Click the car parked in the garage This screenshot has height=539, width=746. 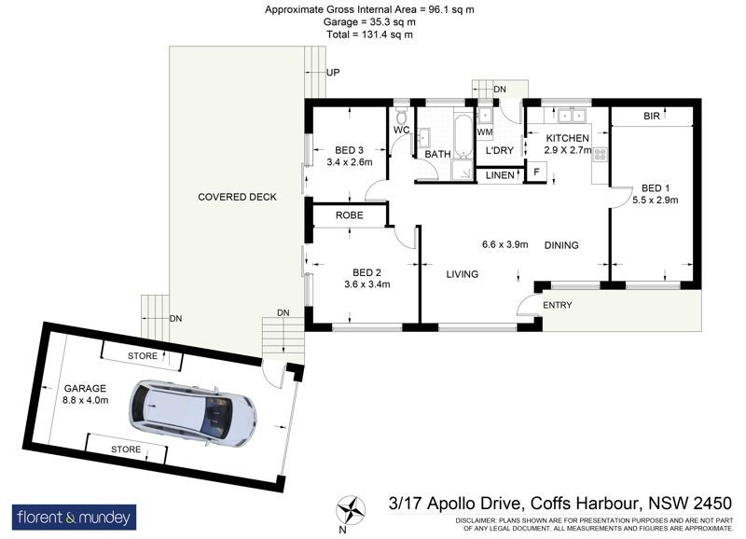(192, 414)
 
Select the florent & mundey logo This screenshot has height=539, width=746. (74, 518)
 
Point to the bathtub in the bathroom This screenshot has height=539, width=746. (462, 135)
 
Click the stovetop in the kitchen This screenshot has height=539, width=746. (600, 154)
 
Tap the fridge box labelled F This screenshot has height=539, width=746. (537, 172)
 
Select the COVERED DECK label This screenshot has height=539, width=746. (237, 197)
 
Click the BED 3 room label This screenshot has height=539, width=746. (349, 150)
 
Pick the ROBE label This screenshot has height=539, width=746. (349, 215)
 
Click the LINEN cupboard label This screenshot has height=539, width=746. (500, 175)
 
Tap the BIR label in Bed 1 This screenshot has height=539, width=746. (652, 116)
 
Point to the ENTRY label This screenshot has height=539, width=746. (557, 305)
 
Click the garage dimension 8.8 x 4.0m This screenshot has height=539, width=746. (86, 400)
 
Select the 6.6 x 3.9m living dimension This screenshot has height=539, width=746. (504, 244)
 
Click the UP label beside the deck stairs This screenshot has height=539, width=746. (333, 73)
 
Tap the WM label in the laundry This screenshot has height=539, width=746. (485, 131)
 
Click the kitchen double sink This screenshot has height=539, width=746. (571, 115)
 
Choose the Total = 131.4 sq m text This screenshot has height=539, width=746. (369, 35)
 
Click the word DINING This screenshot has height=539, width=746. (561, 245)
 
